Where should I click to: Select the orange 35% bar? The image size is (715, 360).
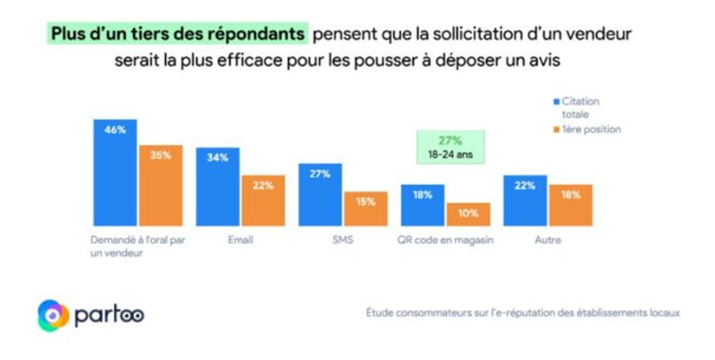tap(160, 185)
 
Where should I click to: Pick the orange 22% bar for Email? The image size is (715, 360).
tap(263, 201)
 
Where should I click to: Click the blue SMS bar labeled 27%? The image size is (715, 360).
tap(320, 195)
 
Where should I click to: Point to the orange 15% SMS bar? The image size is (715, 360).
tap(366, 209)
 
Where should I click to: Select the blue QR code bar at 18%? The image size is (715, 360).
tap(422, 205)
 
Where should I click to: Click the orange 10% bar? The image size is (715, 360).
tap(468, 214)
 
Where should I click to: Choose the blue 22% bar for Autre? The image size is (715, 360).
tap(525, 201)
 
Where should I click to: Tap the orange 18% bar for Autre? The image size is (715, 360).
tap(570, 205)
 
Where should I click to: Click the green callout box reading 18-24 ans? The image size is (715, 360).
tap(450, 147)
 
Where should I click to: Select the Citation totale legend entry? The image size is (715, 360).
tap(577, 108)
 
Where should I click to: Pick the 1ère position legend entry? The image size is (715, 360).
tap(587, 129)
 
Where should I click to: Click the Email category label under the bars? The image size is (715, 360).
tap(240, 240)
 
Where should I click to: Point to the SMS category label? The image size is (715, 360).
tap(343, 240)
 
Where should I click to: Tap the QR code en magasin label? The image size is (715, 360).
tap(445, 240)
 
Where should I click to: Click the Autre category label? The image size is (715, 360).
tap(548, 240)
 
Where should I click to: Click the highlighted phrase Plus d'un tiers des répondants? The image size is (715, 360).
tap(177, 34)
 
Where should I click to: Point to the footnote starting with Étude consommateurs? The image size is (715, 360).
tap(522, 313)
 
